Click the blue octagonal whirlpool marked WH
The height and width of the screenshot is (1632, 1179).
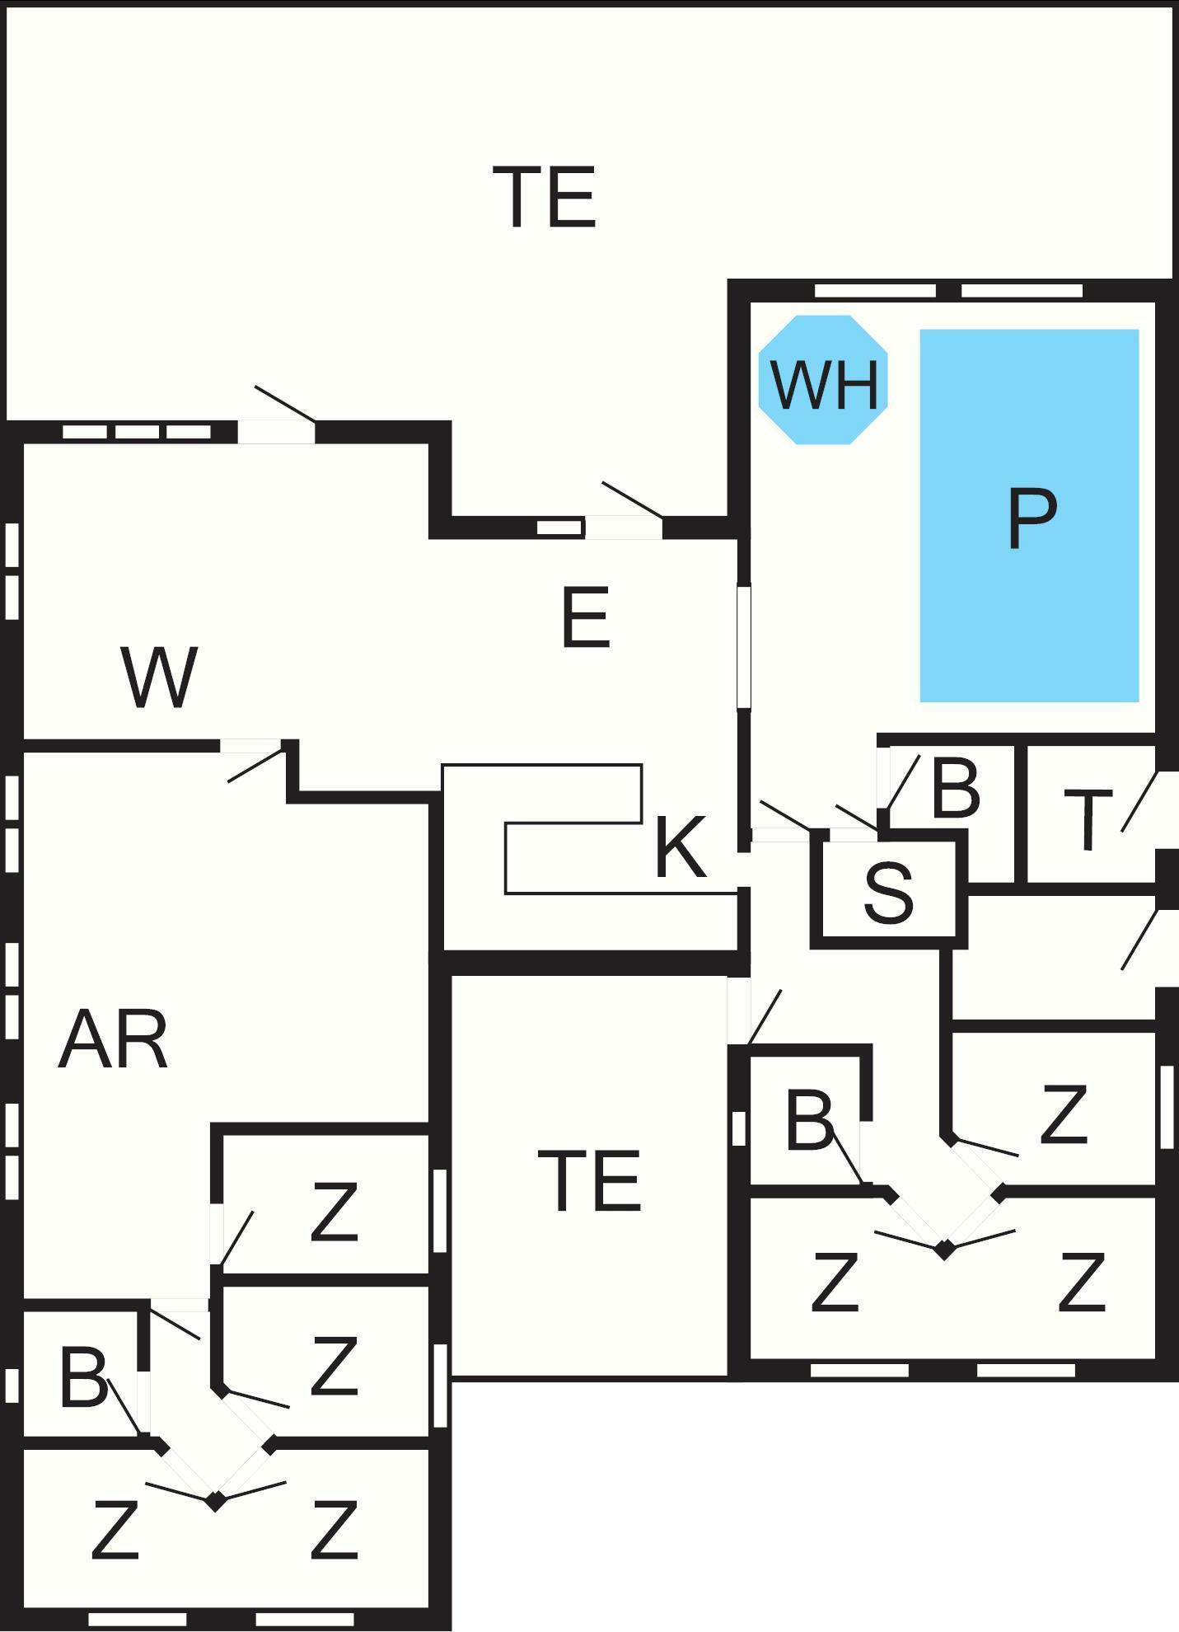click(x=823, y=380)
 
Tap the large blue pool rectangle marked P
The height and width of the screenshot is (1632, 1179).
click(x=1029, y=516)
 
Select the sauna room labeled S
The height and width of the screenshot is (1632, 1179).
click(x=888, y=892)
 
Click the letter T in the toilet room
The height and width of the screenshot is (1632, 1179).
click(x=1088, y=818)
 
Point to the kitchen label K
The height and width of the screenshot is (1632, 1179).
click(x=680, y=846)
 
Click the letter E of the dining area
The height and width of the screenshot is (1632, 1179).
click(x=585, y=617)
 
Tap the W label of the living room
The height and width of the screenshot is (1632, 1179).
click(x=160, y=677)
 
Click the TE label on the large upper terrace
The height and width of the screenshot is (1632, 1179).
click(x=544, y=197)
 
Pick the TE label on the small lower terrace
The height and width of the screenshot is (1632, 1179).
click(x=589, y=1181)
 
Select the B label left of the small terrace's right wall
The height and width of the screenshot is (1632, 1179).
click(x=809, y=1119)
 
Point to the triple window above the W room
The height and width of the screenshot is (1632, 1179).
click(x=137, y=431)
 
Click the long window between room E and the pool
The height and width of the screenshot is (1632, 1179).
click(x=744, y=646)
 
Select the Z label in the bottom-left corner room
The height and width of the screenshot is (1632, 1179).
click(x=114, y=1529)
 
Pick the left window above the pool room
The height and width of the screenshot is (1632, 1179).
click(x=875, y=290)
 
